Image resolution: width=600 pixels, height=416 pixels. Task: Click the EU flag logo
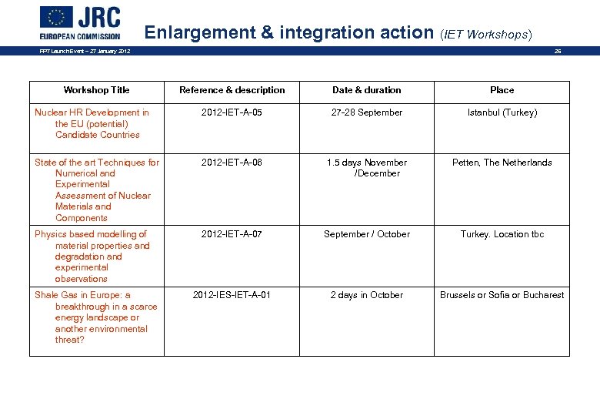[56, 17]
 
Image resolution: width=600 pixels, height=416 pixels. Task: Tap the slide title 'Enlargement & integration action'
[289, 32]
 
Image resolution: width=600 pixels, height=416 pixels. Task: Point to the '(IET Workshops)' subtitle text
[486, 34]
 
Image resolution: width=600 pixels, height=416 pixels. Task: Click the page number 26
[558, 52]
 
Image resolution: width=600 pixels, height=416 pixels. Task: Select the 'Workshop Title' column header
[96, 90]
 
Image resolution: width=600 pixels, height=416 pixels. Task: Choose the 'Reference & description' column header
[232, 90]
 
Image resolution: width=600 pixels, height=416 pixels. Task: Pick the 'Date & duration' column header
[366, 90]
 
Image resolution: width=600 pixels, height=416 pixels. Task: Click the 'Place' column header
[502, 90]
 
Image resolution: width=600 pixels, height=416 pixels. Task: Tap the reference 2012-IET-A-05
[232, 112]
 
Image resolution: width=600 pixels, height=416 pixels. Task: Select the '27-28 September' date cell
[366, 112]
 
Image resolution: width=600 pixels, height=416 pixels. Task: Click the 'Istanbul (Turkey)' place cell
[502, 112]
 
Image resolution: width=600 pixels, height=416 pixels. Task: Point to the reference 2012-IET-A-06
[232, 163]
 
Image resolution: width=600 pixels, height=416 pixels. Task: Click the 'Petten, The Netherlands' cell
[502, 163]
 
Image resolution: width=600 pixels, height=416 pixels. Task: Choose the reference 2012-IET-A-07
[232, 234]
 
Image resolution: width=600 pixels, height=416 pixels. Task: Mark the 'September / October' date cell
[366, 234]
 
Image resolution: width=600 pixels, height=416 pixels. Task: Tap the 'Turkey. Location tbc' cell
[502, 234]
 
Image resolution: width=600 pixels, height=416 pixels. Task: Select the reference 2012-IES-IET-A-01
[232, 295]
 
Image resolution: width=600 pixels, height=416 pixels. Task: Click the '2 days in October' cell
[366, 295]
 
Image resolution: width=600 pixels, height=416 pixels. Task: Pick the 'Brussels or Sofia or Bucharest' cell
[502, 295]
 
